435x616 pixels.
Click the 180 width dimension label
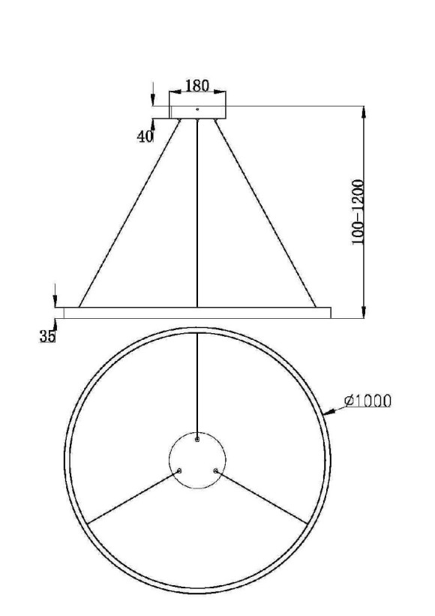click(197, 86)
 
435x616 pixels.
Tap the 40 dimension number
click(145, 136)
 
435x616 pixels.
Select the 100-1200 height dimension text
click(361, 212)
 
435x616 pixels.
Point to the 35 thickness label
click(47, 337)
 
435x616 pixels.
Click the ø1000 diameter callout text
click(368, 401)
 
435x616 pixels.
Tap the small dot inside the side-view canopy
click(197, 110)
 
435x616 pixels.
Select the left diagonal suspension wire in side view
click(129, 215)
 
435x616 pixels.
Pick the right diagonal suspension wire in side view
click(265, 215)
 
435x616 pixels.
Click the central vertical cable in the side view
click(197, 214)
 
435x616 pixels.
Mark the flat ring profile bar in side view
click(197, 312)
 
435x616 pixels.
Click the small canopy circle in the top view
click(197, 460)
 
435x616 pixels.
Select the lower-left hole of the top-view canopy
click(179, 471)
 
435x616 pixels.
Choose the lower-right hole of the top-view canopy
click(216, 471)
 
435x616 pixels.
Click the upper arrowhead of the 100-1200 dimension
click(364, 112)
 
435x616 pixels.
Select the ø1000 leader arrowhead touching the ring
click(328, 411)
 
